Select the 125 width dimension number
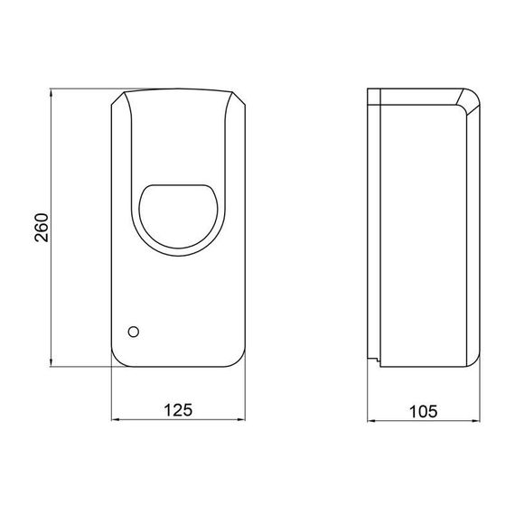179,410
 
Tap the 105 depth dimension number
424,410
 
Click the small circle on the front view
135,331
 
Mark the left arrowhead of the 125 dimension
116,421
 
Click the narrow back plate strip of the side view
373,226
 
